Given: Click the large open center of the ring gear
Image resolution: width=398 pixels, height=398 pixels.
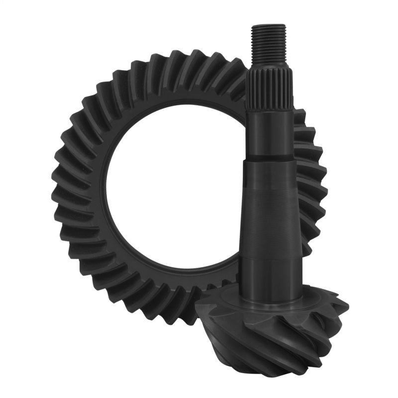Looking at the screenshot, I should click(x=174, y=189).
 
